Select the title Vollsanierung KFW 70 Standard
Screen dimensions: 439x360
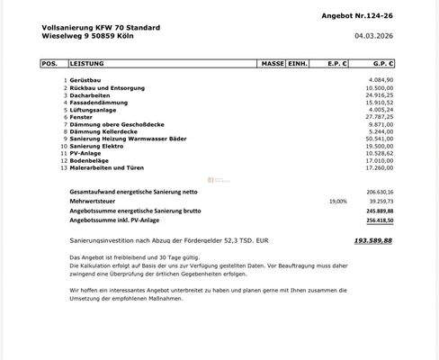[102, 28]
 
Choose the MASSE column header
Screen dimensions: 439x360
[271, 65]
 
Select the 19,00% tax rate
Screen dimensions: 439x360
[337, 202]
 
